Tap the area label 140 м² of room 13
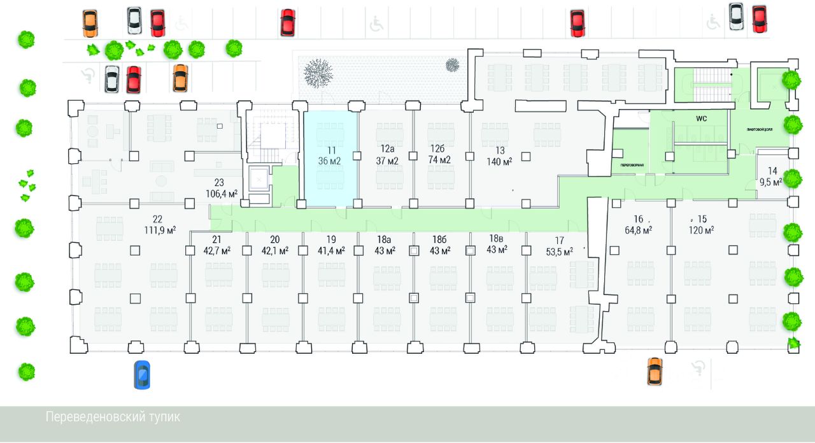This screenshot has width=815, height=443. [500, 162]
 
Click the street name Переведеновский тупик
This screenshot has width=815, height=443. [113, 418]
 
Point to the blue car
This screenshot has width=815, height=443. [142, 374]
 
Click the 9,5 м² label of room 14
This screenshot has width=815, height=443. [772, 181]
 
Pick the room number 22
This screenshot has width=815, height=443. [157, 219]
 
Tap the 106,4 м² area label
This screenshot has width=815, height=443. [222, 193]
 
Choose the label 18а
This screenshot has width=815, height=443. [383, 240]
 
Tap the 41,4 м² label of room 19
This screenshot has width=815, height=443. [331, 251]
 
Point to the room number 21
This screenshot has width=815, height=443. [216, 240]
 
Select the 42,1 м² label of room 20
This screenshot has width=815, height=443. [274, 251]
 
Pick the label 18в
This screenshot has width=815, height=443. [497, 238]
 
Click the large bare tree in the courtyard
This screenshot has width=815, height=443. [318, 72]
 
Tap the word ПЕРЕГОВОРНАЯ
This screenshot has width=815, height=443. [632, 164]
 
